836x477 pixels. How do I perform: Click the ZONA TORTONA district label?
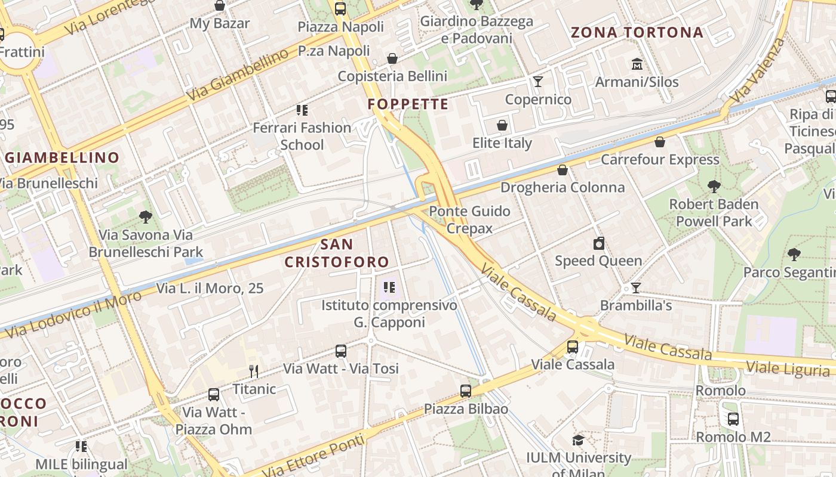click(x=637, y=33)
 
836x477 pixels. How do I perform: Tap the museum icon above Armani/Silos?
click(x=637, y=64)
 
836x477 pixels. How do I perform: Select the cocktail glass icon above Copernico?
click(x=538, y=82)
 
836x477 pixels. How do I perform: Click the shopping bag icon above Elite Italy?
click(x=502, y=125)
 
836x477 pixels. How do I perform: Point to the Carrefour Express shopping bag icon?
click(x=660, y=142)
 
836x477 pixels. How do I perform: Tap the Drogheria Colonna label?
click(x=562, y=187)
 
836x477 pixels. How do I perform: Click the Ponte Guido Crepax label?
click(x=469, y=219)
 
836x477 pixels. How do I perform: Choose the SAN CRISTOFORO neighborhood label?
click(x=337, y=253)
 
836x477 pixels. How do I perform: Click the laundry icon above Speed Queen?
click(x=599, y=243)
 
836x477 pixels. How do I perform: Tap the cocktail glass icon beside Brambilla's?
click(x=636, y=288)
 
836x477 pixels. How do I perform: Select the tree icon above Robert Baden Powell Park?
click(x=714, y=187)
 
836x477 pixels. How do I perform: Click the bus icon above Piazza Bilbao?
click(x=466, y=391)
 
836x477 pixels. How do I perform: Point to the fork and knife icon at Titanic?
click(x=254, y=371)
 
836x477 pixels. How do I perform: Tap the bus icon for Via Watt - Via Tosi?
click(x=341, y=351)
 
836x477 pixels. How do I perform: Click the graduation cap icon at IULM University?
click(x=578, y=441)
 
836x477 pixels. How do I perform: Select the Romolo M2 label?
click(x=733, y=437)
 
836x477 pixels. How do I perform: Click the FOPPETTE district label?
click(x=408, y=104)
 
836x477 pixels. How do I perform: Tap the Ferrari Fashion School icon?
click(x=302, y=110)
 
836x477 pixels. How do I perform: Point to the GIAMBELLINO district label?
click(x=62, y=158)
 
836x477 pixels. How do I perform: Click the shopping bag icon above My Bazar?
click(x=220, y=5)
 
